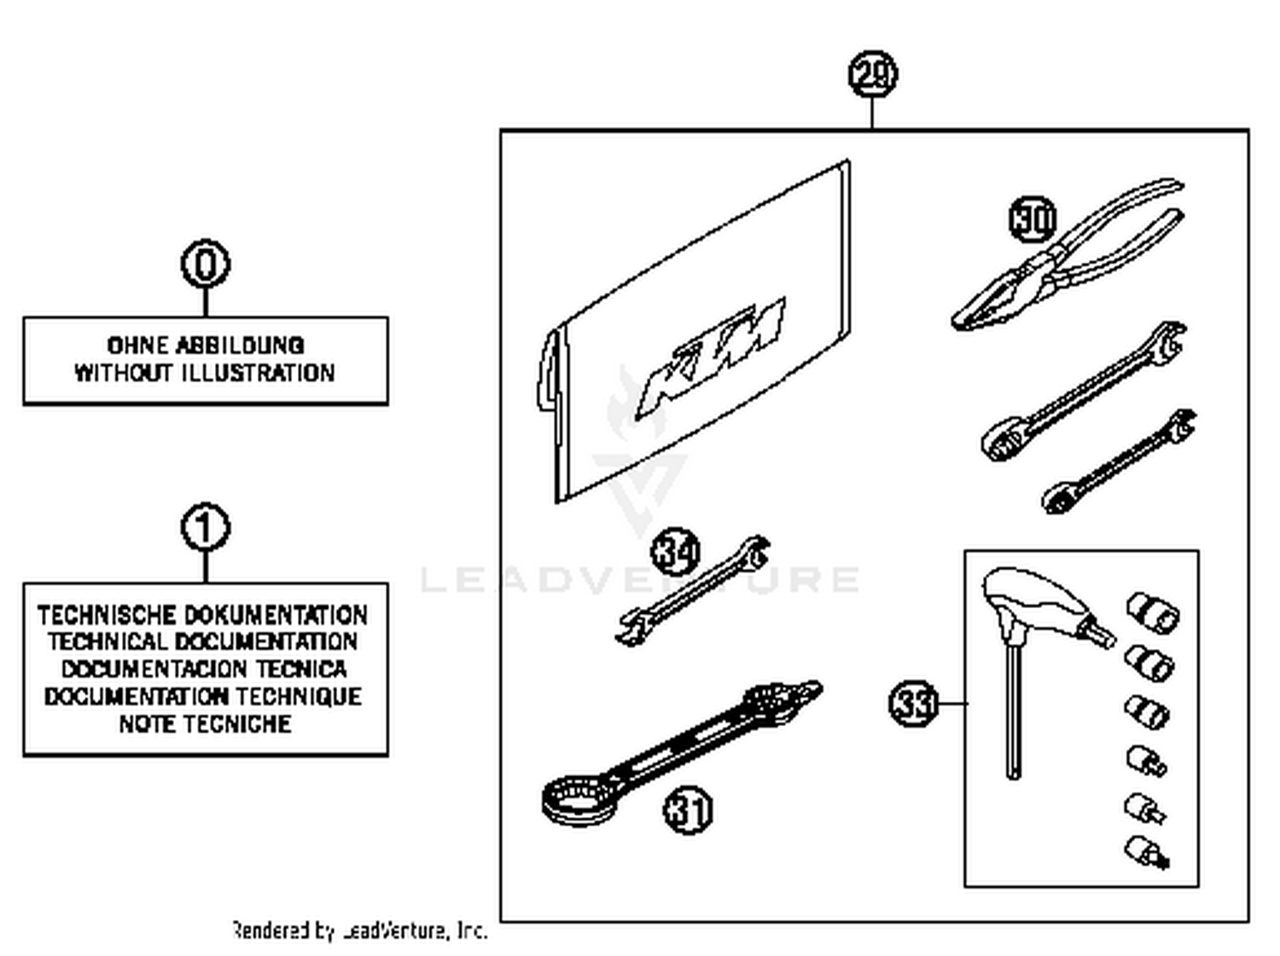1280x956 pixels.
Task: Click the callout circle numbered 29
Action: (872, 74)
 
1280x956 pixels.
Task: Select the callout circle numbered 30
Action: (1033, 219)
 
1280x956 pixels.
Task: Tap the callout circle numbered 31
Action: (688, 809)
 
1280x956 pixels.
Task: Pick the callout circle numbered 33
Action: (913, 704)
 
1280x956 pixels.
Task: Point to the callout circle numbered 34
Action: (676, 552)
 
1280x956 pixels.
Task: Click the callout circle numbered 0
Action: (206, 264)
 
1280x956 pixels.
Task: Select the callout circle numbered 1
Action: (206, 527)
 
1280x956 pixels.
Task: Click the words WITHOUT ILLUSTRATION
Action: (205, 374)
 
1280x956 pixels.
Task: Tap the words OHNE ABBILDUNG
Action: (206, 345)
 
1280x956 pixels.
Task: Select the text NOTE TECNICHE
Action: (205, 724)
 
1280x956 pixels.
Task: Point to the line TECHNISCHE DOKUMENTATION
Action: (203, 615)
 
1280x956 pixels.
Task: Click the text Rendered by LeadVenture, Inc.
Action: (359, 930)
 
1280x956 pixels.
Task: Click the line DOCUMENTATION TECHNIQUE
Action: (203, 697)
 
